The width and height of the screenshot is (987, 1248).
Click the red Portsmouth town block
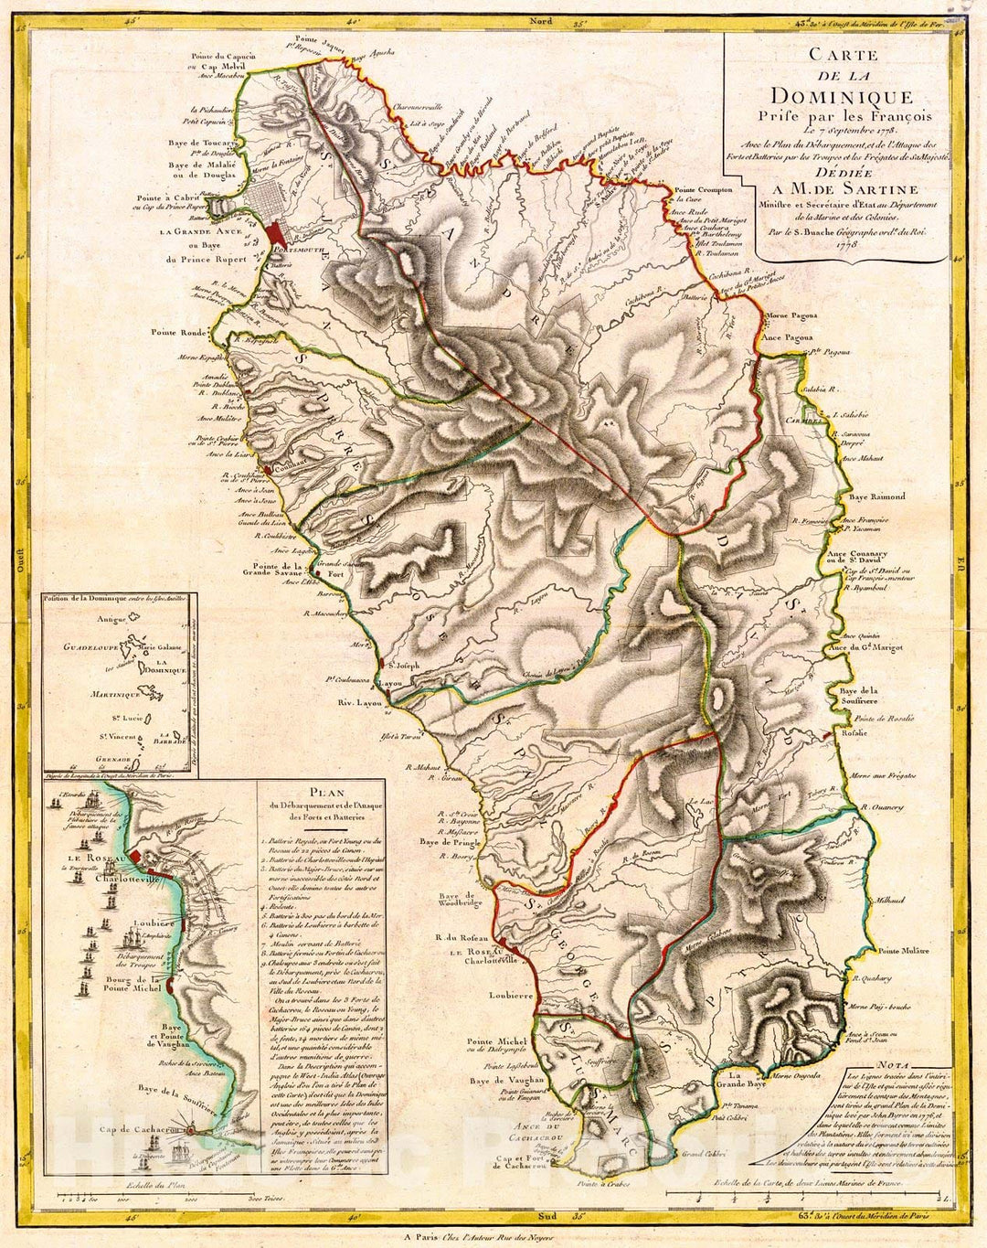[x=275, y=231]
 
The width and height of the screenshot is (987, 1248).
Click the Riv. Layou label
[x=358, y=704]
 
